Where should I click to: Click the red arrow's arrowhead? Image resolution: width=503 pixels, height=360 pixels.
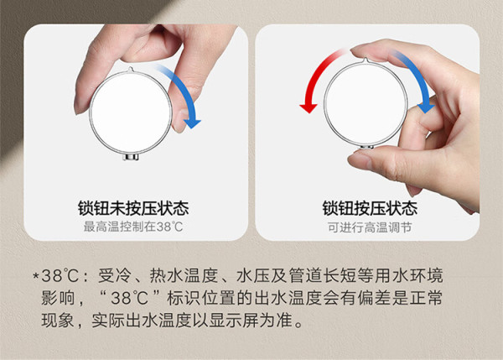click(x=309, y=108)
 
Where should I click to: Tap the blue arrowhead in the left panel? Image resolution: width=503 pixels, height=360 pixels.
click(x=192, y=123)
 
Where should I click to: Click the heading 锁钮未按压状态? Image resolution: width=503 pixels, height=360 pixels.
click(x=133, y=208)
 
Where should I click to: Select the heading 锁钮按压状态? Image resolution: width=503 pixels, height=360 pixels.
click(x=370, y=208)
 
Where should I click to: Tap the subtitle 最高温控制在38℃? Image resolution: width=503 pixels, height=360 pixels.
click(x=133, y=227)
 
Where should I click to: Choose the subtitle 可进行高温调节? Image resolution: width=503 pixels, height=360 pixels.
click(x=370, y=227)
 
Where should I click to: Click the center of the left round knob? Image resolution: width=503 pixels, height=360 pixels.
click(x=131, y=112)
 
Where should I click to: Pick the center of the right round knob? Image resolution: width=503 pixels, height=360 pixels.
click(x=366, y=103)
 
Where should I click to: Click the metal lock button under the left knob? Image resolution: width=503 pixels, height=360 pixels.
click(x=132, y=157)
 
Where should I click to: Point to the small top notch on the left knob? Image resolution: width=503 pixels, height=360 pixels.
click(x=130, y=69)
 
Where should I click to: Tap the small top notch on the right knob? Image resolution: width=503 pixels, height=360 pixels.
click(x=365, y=60)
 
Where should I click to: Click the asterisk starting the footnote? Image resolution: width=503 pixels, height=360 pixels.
click(x=36, y=276)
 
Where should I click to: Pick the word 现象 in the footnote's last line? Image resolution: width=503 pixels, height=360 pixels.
click(x=58, y=321)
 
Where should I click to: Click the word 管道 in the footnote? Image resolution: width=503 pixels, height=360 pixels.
click(x=305, y=276)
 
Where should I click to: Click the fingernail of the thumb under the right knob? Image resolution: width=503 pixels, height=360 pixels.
click(x=358, y=159)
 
